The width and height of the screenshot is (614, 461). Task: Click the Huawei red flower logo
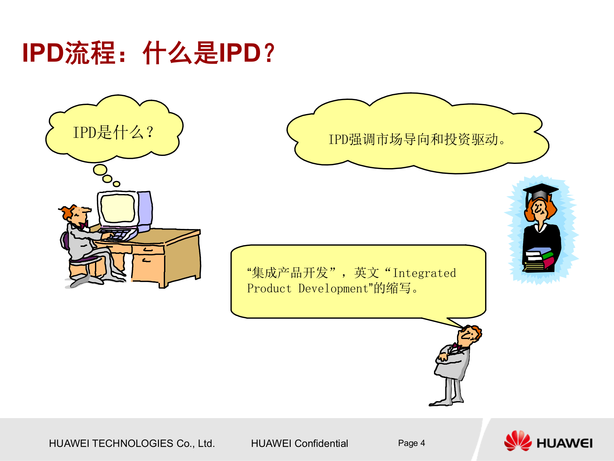point(518,441)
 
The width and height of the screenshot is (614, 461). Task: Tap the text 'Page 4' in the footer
point(411,443)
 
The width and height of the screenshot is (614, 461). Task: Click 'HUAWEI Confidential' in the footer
point(299,443)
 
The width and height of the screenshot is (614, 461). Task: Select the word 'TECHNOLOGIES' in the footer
point(133,443)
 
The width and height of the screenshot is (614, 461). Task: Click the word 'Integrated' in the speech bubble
point(424,273)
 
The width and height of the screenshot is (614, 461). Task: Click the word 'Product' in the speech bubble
point(269,288)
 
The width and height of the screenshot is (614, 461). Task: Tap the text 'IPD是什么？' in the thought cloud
point(113,132)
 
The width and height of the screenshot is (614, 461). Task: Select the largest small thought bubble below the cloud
point(100,170)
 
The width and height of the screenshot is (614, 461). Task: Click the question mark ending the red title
point(270,53)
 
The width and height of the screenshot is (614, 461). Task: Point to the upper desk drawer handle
point(148,249)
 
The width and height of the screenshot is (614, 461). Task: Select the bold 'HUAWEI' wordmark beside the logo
point(564,443)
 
